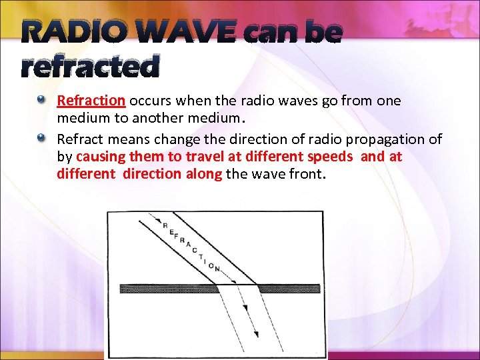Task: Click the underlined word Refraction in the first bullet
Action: pyautogui.click(x=91, y=101)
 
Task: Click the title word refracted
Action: pyautogui.click(x=91, y=66)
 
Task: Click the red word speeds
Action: pyautogui.click(x=330, y=157)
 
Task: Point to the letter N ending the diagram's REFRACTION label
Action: pyautogui.click(x=218, y=269)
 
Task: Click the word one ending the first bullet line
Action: pyautogui.click(x=389, y=101)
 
